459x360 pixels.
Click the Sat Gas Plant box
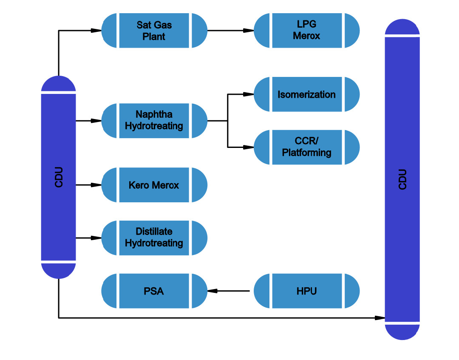(x=154, y=31)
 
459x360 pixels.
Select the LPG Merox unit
(x=306, y=31)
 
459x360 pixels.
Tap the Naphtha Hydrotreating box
(x=154, y=120)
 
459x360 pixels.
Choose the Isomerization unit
(x=306, y=94)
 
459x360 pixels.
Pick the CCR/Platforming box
(x=306, y=147)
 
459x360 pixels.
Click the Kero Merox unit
(x=154, y=185)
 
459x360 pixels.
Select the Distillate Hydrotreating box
(x=154, y=238)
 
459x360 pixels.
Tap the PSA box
(x=154, y=291)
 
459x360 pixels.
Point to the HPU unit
(x=306, y=291)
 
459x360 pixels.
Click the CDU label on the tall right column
(x=402, y=179)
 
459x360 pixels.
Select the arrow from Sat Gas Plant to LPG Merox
(x=230, y=31)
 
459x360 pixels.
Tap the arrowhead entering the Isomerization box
(x=249, y=94)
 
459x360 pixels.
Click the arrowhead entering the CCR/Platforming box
(x=249, y=147)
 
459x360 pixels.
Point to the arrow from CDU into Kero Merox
(x=88, y=185)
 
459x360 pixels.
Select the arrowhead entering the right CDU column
(x=380, y=317)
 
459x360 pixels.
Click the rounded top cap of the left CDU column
(x=59, y=84)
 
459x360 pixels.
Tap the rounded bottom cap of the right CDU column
(x=402, y=332)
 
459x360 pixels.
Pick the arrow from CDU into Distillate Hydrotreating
(x=88, y=238)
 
